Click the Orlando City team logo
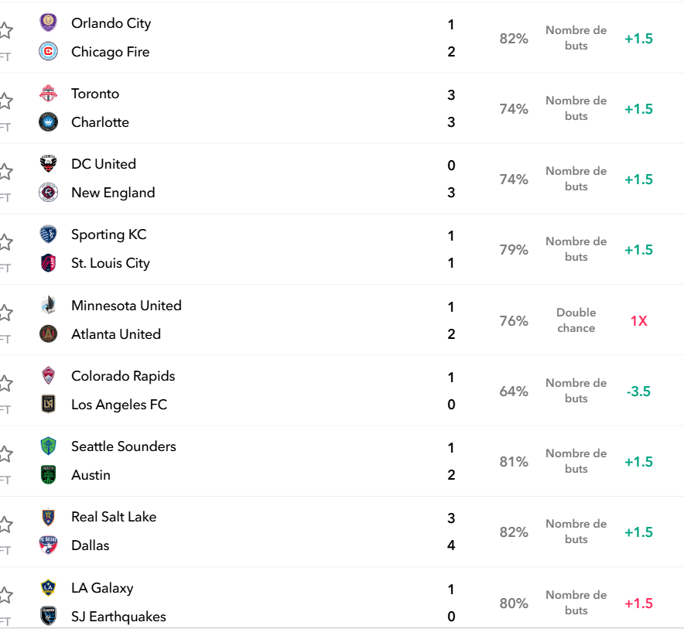(x=49, y=22)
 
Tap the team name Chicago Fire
(x=111, y=52)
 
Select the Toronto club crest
(x=49, y=94)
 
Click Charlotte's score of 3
(x=451, y=122)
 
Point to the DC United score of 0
(x=451, y=166)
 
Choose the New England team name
(x=113, y=193)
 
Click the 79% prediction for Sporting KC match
(x=514, y=250)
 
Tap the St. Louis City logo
(x=49, y=263)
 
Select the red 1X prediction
(x=638, y=321)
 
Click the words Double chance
(x=576, y=320)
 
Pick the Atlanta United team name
(x=116, y=334)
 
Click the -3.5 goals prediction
(x=638, y=391)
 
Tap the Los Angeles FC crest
(x=49, y=404)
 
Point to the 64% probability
(x=514, y=391)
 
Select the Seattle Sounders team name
(x=124, y=446)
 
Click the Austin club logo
(x=49, y=474)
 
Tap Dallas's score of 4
(x=451, y=545)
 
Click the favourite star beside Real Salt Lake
(x=5, y=525)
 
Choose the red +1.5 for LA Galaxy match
(x=638, y=603)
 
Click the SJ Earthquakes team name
(x=118, y=617)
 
